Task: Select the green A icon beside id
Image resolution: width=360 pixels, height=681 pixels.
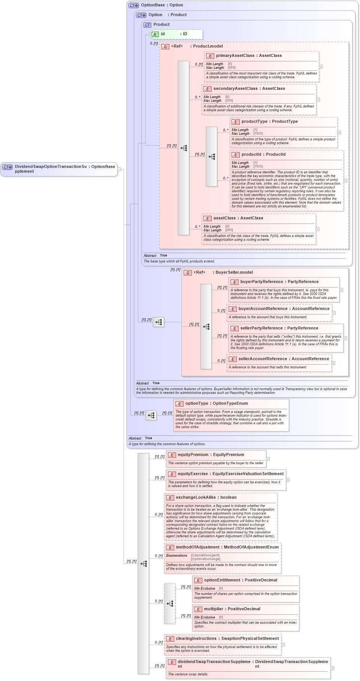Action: click(x=155, y=34)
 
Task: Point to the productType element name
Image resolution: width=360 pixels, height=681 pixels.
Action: click(x=254, y=122)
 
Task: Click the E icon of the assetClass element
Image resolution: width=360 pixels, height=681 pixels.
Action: click(x=208, y=219)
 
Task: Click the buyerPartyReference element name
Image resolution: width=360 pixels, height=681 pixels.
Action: click(x=261, y=282)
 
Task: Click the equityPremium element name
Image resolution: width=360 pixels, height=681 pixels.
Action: click(x=193, y=455)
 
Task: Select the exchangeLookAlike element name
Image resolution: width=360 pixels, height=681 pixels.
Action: click(x=196, y=498)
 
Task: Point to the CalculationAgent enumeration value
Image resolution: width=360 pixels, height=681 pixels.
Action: click(x=205, y=556)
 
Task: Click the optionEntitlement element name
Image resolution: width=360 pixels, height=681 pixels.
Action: click(x=222, y=580)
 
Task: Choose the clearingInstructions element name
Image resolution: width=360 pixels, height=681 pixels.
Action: click(x=196, y=639)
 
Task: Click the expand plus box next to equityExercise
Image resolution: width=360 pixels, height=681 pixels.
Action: click(x=288, y=480)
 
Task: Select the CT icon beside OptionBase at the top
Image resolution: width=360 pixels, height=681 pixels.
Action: click(x=134, y=6)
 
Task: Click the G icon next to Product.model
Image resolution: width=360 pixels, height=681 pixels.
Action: click(x=165, y=47)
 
